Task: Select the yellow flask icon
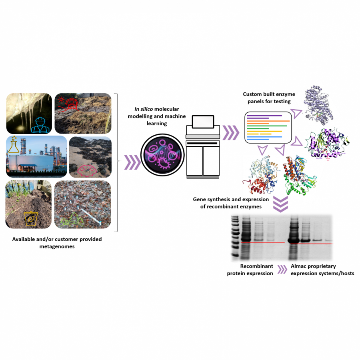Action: tap(15, 145)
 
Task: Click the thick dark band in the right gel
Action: tap(296, 240)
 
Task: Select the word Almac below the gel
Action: tap(300, 266)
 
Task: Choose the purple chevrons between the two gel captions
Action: tap(282, 270)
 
